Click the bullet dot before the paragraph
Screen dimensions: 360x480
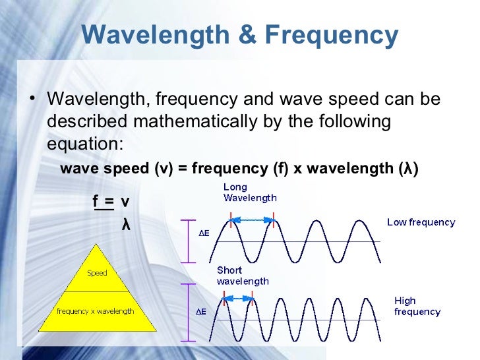32,101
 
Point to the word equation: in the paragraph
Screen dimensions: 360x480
84,144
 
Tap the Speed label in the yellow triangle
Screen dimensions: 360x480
97,273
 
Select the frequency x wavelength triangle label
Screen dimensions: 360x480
96,311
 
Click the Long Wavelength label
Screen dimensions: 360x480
250,192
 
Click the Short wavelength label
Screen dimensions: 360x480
243,276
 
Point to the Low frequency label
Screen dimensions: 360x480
421,223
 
